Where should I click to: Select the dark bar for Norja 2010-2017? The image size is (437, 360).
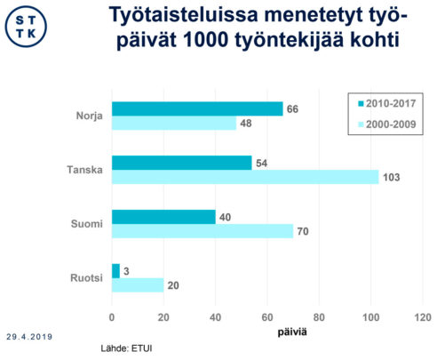point(196,108)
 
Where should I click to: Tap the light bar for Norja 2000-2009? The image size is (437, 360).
point(173,124)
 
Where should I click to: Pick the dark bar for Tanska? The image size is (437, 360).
point(181,163)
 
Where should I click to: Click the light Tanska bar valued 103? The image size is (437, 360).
point(244,178)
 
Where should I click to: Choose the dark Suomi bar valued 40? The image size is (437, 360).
point(163,217)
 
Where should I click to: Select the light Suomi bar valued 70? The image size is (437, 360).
point(202,232)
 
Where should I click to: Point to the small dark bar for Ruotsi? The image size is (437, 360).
point(115,270)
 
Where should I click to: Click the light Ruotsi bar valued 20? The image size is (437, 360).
point(138,285)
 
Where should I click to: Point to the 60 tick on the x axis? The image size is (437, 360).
point(267,316)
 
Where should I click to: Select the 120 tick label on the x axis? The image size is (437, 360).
point(422,316)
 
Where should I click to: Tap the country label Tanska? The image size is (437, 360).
point(84,170)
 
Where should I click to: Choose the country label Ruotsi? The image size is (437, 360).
point(86,277)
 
